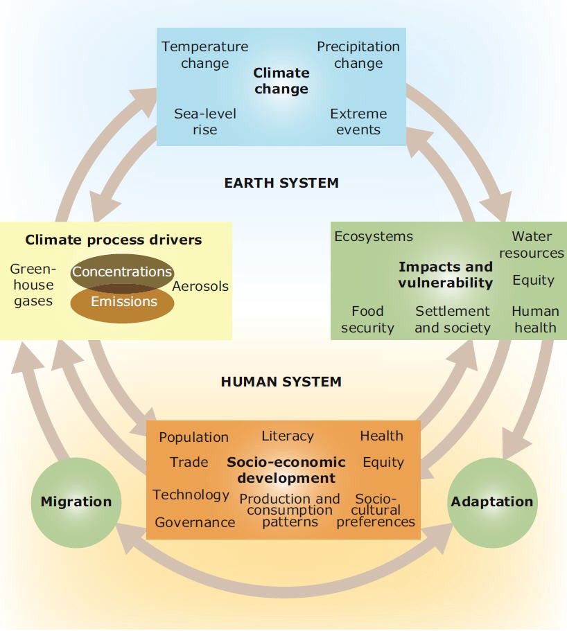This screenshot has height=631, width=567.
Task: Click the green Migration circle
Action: click(x=76, y=502)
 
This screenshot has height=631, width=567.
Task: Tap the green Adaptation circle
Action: click(x=492, y=502)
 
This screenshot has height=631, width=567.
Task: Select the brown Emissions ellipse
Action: click(x=123, y=303)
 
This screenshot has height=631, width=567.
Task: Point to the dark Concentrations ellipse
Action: click(x=123, y=273)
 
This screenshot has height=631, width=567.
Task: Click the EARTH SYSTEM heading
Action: click(x=281, y=183)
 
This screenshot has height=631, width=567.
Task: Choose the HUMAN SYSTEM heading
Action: click(x=281, y=382)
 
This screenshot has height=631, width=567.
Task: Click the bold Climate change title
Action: click(x=281, y=81)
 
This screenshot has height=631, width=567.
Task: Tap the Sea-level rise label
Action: click(x=205, y=121)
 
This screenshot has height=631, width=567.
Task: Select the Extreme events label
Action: click(x=358, y=121)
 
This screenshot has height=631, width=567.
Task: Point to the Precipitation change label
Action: click(x=358, y=55)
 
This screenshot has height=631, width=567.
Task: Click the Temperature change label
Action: click(x=205, y=55)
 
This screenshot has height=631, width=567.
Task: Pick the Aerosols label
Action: click(x=200, y=287)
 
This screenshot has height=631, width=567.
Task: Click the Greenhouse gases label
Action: click(x=33, y=285)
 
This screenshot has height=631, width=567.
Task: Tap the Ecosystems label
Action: click(x=374, y=237)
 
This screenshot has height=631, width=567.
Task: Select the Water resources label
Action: click(x=532, y=245)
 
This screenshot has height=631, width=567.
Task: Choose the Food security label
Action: click(x=367, y=319)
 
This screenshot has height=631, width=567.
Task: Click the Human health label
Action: click(x=535, y=319)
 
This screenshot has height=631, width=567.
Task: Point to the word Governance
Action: click(x=195, y=522)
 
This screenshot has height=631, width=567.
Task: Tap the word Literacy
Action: click(x=288, y=436)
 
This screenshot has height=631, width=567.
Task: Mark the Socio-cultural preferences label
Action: click(x=376, y=510)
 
